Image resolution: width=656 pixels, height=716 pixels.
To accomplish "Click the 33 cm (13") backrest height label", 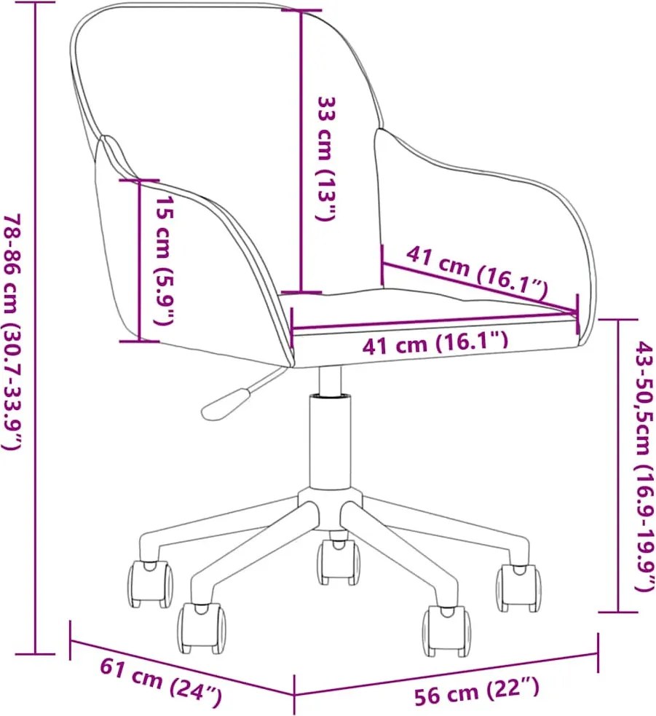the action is pyautogui.click(x=328, y=159).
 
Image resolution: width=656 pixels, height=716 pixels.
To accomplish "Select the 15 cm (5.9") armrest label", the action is pyautogui.click(x=163, y=261).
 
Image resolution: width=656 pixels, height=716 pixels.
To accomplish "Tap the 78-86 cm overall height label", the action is pyautogui.click(x=12, y=332).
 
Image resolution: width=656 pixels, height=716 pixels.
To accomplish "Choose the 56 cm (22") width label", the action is pyautogui.click(x=477, y=691).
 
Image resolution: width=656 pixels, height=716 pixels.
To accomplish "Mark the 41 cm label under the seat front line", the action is pyautogui.click(x=435, y=343).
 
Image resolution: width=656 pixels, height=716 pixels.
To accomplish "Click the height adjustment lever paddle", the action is pyautogui.click(x=224, y=404).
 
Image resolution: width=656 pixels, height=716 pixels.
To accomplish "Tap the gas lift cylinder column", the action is pyautogui.click(x=331, y=441).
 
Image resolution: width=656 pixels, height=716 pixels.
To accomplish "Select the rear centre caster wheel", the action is pyautogui.click(x=339, y=561).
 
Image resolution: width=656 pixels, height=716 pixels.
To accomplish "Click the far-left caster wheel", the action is pyautogui.click(x=150, y=584).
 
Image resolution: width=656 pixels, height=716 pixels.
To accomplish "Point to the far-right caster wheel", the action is pyautogui.click(x=518, y=587).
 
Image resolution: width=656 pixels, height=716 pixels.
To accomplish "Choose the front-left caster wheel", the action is pyautogui.click(x=202, y=628).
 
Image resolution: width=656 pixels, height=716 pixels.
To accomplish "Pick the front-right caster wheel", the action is pyautogui.click(x=446, y=631).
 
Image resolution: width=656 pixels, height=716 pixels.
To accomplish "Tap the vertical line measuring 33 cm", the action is pyautogui.click(x=301, y=152).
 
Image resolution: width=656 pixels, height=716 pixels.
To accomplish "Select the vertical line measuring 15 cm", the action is pyautogui.click(x=139, y=260).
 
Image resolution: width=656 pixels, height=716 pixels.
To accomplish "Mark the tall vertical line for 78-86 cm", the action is pyautogui.click(x=36, y=327).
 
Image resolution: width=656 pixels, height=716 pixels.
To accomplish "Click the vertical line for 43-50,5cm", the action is pyautogui.click(x=618, y=465).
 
